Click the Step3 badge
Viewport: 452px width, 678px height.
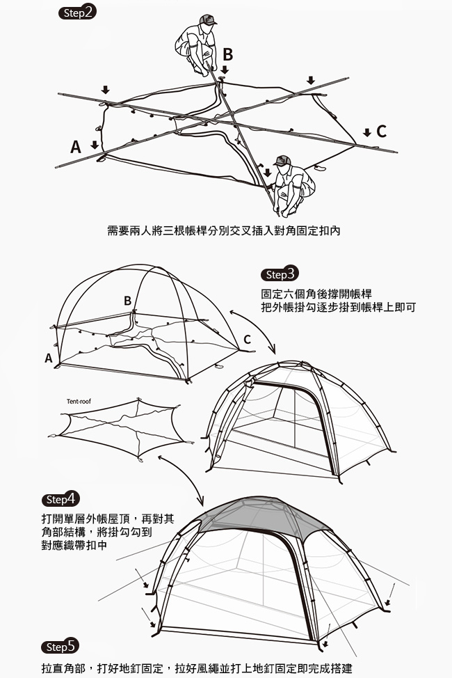[x=280, y=274]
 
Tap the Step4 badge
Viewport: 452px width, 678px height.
[x=61, y=499]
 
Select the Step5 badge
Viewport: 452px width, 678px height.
[x=60, y=647]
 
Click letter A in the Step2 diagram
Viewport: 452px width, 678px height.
[x=76, y=148]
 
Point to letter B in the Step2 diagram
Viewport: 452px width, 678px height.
[x=227, y=55]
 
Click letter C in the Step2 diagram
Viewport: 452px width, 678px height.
[x=381, y=132]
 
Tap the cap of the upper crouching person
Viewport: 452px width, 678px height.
[x=207, y=19]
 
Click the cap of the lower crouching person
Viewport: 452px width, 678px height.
[x=282, y=160]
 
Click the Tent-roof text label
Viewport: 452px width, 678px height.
[x=79, y=402]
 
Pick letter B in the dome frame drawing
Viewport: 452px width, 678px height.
[x=127, y=301]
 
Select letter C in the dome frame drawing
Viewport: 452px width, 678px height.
[x=247, y=340]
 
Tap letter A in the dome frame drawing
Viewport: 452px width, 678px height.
[x=49, y=358]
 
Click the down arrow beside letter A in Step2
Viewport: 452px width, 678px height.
[x=95, y=145]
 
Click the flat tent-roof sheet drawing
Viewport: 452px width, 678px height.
[x=121, y=428]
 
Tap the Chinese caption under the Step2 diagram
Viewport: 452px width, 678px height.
[x=223, y=231]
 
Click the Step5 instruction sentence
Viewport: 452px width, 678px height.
[x=197, y=668]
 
